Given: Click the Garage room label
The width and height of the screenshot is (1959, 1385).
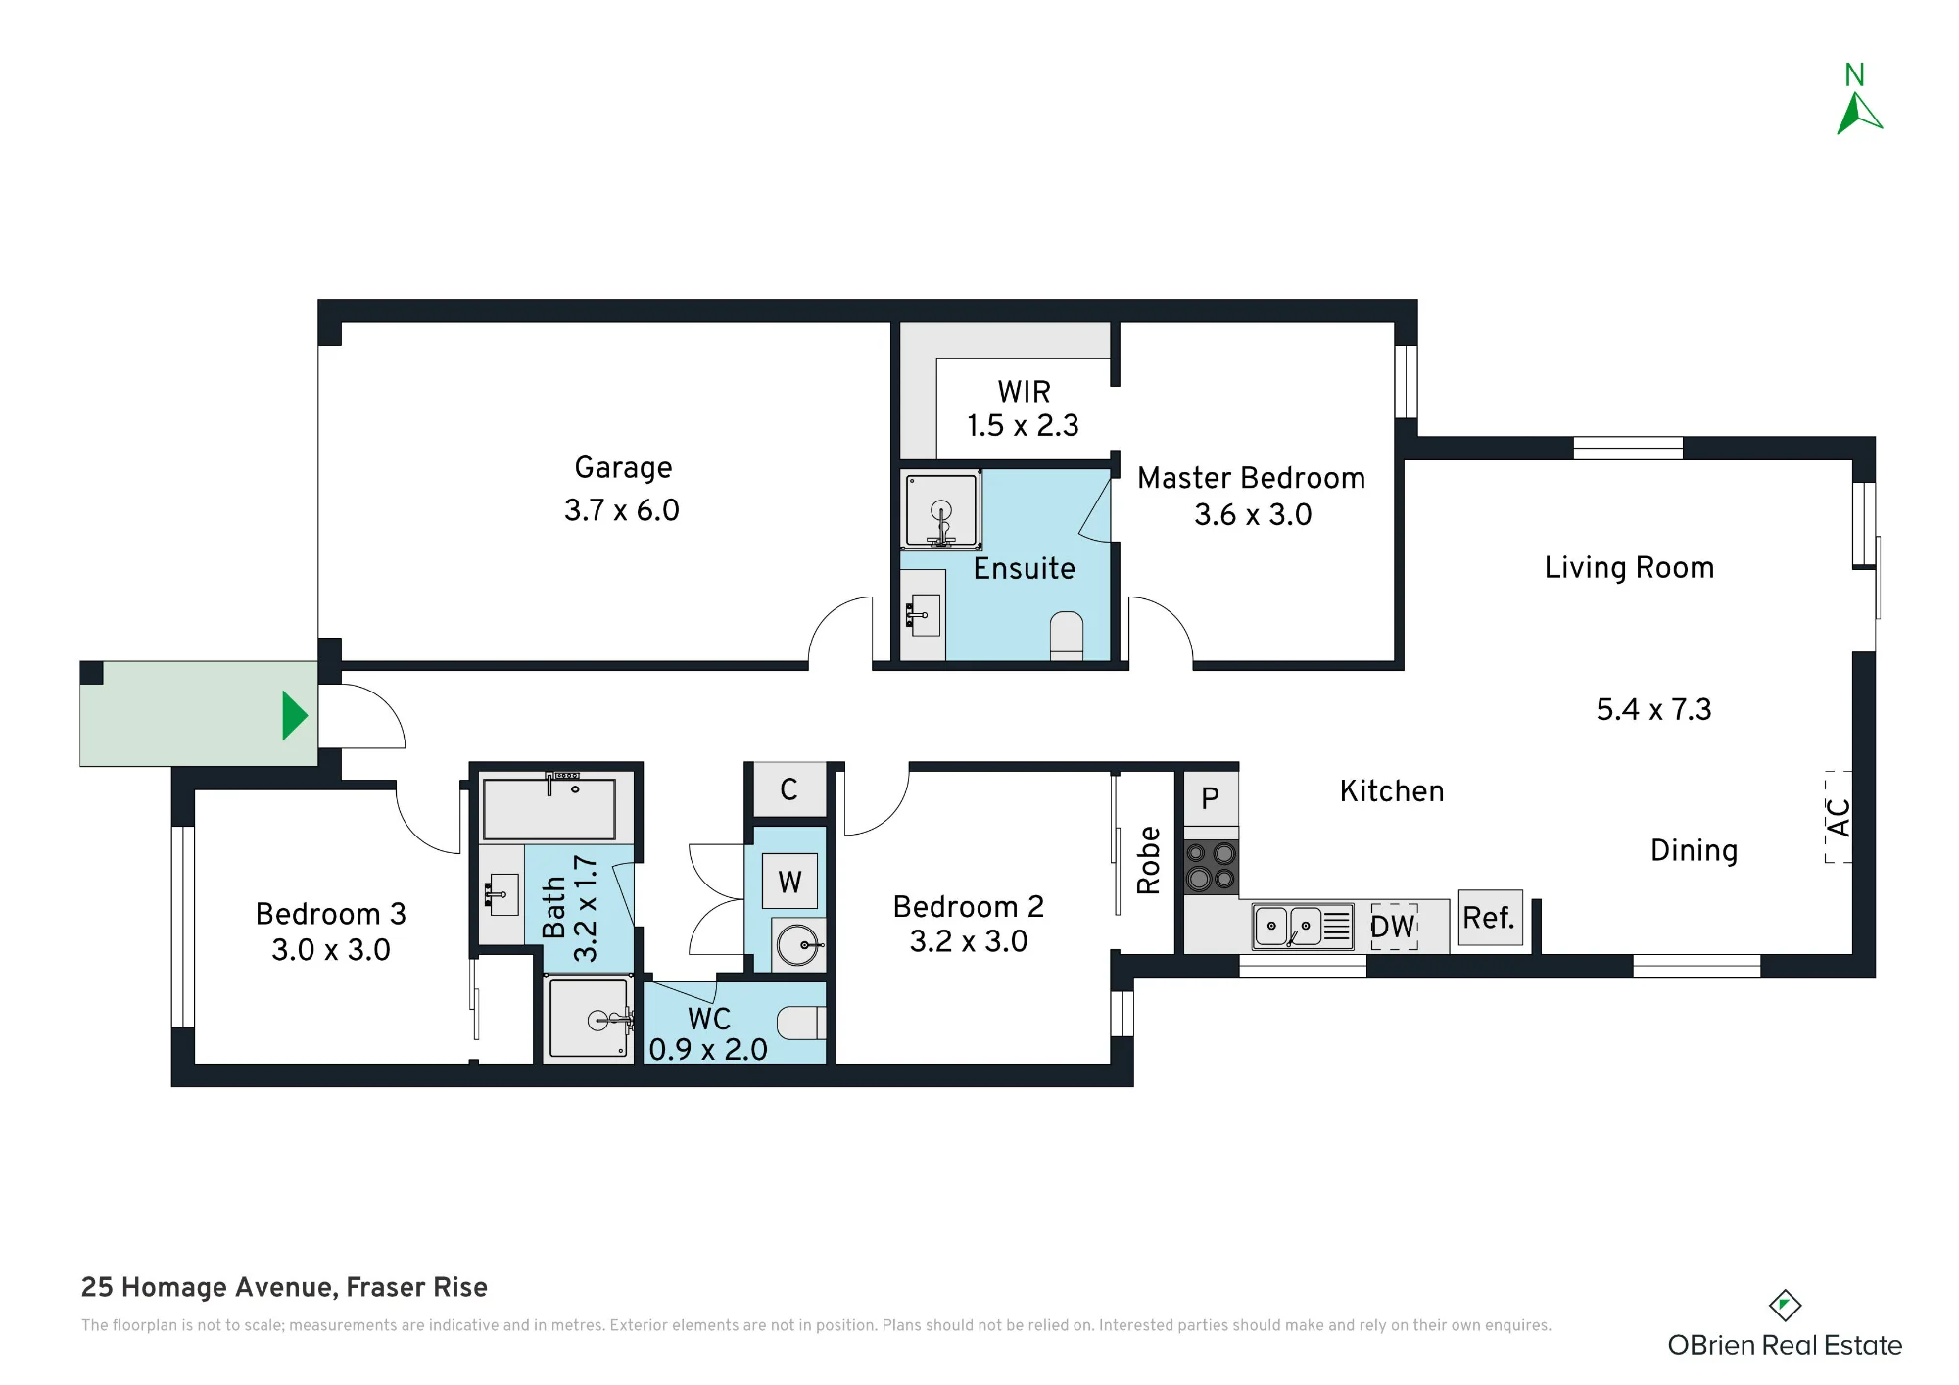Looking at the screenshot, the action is tap(623, 468).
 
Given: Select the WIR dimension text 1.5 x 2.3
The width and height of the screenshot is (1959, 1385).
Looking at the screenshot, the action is tap(1023, 426).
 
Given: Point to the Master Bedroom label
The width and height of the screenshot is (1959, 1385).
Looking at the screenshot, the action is tap(1251, 478).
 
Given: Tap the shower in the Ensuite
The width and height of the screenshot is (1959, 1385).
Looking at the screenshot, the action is tap(941, 510).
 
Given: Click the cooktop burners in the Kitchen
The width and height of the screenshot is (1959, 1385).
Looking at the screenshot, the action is tap(1211, 867).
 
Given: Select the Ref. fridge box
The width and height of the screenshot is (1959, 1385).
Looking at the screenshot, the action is tap(1490, 918).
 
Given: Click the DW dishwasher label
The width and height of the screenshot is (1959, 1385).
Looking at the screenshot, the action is tap(1393, 927).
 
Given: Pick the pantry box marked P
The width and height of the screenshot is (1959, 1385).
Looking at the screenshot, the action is tap(1211, 799).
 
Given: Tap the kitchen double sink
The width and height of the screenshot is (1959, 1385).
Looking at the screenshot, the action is tap(1303, 927).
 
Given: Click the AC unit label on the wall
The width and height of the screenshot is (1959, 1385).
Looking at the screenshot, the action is tap(1840, 817).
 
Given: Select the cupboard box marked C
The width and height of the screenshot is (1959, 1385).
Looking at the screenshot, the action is tap(788, 789).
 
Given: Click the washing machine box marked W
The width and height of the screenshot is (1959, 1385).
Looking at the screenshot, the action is tap(789, 882).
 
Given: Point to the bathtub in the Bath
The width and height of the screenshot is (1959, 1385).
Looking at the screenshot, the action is tap(549, 809).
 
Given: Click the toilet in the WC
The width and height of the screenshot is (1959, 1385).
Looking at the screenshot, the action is tap(801, 1023).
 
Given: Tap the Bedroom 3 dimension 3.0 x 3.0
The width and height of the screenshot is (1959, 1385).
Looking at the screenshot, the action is tap(331, 950).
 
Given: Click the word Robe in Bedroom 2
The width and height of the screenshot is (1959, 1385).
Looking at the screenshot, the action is tap(1149, 860).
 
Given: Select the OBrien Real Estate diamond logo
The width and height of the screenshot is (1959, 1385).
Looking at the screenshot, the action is tap(1785, 1305).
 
